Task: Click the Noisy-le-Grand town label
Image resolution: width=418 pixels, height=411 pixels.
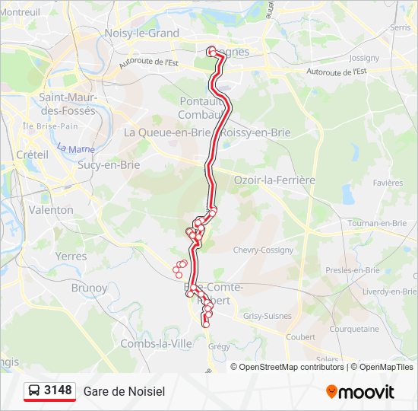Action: point(141,33)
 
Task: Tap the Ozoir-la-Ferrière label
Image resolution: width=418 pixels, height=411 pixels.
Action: point(274,180)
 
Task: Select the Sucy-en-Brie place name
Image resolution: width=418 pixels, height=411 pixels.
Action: point(109,164)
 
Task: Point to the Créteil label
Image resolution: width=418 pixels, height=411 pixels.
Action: point(31,155)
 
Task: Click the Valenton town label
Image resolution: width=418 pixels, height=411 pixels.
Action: point(51,210)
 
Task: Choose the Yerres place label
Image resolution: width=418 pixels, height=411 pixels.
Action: point(71,256)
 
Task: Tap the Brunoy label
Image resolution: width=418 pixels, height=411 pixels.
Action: point(89,288)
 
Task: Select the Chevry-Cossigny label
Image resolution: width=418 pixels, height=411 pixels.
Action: point(263,250)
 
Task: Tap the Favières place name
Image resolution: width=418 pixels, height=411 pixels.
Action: point(388,183)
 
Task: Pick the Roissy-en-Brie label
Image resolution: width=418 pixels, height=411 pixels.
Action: point(256,132)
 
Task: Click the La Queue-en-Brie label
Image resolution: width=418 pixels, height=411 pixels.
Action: point(166,132)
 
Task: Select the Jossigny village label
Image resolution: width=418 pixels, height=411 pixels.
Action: point(363,58)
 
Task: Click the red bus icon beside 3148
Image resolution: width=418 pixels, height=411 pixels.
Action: point(34,391)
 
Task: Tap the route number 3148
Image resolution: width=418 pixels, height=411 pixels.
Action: point(59,390)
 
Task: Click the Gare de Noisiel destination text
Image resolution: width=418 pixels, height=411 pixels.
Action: point(124,391)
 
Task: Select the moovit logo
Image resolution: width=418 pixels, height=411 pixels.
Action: point(360,391)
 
